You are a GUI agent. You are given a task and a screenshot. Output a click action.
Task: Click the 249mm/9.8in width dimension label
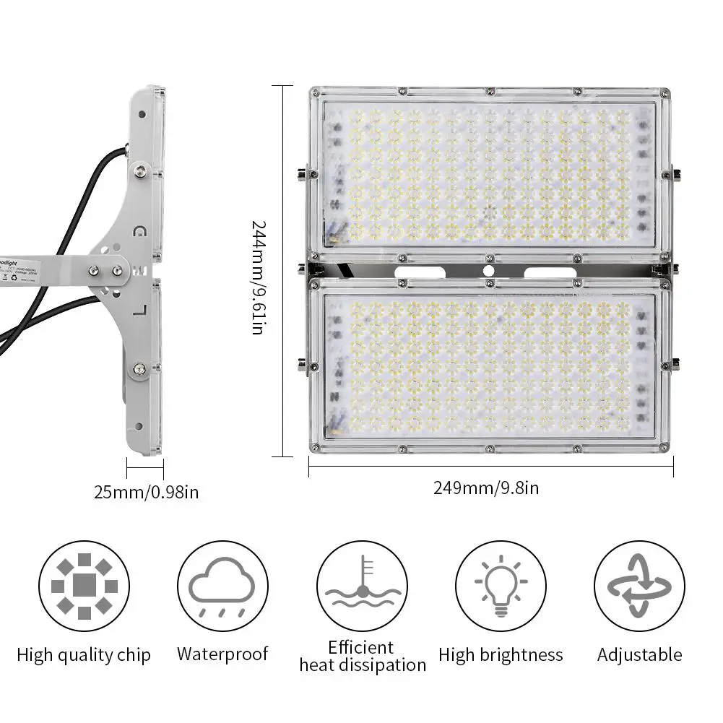pos(485,488)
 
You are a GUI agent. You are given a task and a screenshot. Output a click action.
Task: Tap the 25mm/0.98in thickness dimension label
pos(146,493)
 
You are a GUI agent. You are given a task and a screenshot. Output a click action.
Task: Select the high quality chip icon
pos(84,586)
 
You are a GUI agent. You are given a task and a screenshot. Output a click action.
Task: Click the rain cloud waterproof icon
pos(222,586)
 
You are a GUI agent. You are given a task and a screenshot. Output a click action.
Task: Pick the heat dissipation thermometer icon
pos(362,586)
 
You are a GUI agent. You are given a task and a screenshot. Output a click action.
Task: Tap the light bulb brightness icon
pos(501,586)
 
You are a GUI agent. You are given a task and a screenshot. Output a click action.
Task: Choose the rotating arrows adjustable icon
pos(639,586)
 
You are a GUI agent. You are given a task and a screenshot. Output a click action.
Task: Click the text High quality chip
pos(84,655)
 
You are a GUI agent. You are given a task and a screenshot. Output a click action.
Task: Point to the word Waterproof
pos(222,654)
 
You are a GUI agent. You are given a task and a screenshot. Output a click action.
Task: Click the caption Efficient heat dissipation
pos(362,656)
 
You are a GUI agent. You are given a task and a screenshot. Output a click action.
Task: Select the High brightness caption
pos(501,655)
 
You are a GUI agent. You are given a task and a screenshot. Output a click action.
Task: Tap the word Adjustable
pos(639,655)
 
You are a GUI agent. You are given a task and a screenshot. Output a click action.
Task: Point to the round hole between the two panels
pos(489,270)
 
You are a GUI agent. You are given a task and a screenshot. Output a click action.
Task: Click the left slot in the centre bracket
pos(420,271)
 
